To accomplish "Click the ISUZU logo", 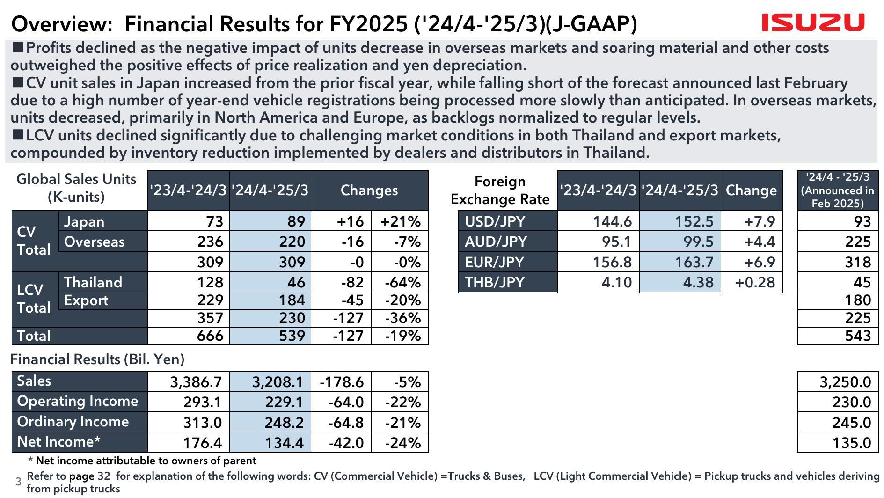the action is pyautogui.click(x=813, y=22).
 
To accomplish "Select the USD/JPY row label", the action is pyautogui.click(x=495, y=221).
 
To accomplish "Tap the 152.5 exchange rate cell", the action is pyautogui.click(x=694, y=221).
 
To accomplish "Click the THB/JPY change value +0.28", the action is pyautogui.click(x=755, y=282).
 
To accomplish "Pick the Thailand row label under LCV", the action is pyautogui.click(x=93, y=282).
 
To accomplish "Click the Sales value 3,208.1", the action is pyautogui.click(x=278, y=382).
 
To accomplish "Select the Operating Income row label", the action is pyautogui.click(x=78, y=401).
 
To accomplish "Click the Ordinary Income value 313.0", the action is pyautogui.click(x=202, y=423).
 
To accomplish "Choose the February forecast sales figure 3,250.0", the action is pyautogui.click(x=845, y=382).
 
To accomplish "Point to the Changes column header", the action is pyautogui.click(x=369, y=190).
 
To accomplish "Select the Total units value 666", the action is pyautogui.click(x=210, y=336).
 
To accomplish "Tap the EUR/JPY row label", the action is pyautogui.click(x=494, y=262).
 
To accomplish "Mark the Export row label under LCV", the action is pyautogui.click(x=86, y=300).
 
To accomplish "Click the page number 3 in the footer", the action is pyautogui.click(x=19, y=482).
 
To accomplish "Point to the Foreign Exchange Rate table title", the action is pyautogui.click(x=500, y=190).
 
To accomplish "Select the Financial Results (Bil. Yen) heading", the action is pyautogui.click(x=97, y=359).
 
